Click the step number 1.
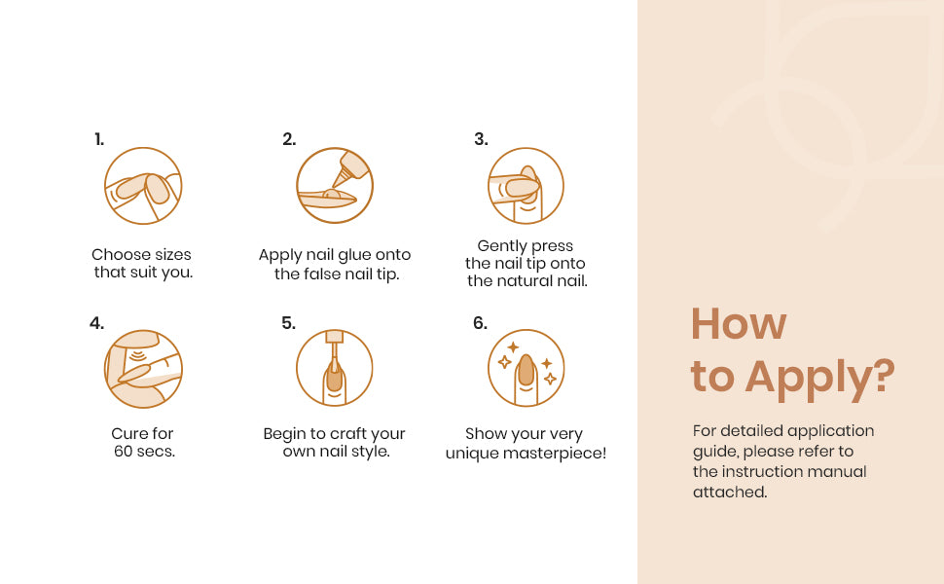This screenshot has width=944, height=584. pyautogui.click(x=99, y=140)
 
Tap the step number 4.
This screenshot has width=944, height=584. pyautogui.click(x=96, y=323)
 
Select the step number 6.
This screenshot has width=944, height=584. pyautogui.click(x=480, y=323)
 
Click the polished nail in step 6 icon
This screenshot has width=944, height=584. pyautogui.click(x=526, y=369)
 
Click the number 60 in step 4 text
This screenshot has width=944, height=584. pyautogui.click(x=124, y=452)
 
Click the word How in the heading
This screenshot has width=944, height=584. pyautogui.click(x=739, y=324)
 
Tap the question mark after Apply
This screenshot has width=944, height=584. pyautogui.click(x=884, y=375)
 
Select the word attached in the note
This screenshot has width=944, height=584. pyautogui.click(x=730, y=493)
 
